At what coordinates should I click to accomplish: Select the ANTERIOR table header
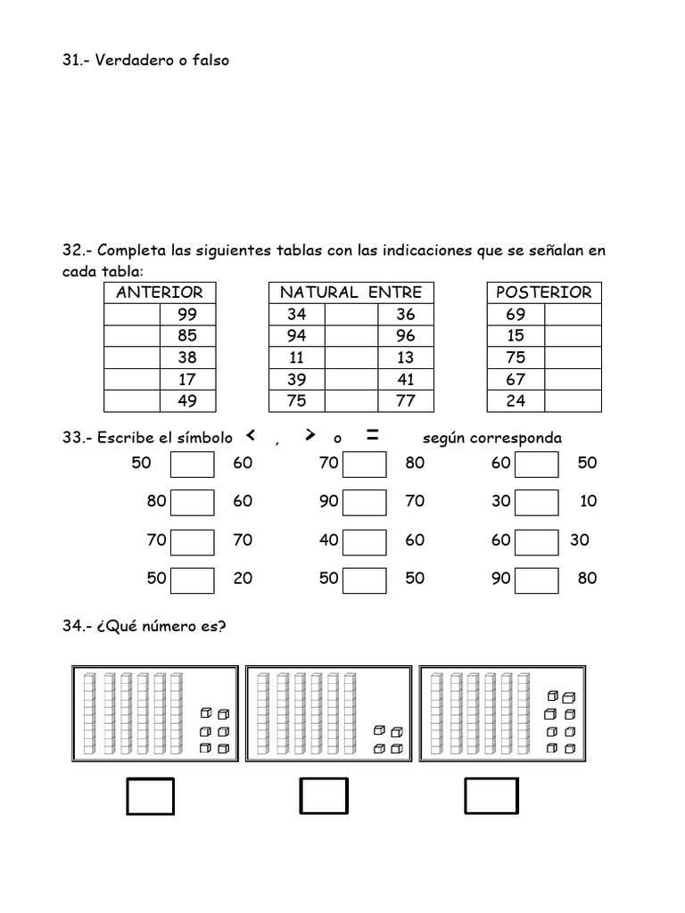(x=160, y=292)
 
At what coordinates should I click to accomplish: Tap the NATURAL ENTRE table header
(x=351, y=292)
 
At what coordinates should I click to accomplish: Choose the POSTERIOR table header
(x=543, y=292)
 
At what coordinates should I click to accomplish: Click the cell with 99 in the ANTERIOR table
(x=187, y=314)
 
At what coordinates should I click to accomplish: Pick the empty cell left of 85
(x=132, y=336)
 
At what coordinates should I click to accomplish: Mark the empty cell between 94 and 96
(x=351, y=336)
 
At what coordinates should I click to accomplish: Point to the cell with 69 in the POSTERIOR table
(x=516, y=314)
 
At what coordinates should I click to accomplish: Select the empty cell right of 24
(x=573, y=401)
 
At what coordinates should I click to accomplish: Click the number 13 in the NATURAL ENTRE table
(x=405, y=358)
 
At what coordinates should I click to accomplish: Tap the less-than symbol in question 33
(x=251, y=435)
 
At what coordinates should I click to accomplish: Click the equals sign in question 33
(x=373, y=435)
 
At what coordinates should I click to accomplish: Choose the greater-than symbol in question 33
(x=309, y=435)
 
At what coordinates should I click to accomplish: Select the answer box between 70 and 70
(x=193, y=541)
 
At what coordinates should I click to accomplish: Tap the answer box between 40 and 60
(x=365, y=541)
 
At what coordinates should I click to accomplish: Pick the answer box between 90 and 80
(x=537, y=580)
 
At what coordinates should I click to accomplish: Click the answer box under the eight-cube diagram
(x=491, y=795)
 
